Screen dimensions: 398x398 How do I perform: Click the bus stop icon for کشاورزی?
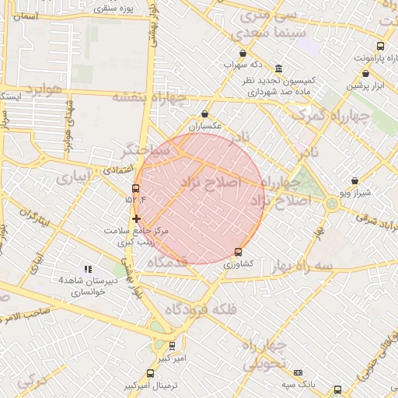point(238,252)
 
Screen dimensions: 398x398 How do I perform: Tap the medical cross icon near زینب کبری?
point(137,218)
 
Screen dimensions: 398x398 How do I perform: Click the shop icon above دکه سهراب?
point(243,54)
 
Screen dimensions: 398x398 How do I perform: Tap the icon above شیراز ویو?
point(354,180)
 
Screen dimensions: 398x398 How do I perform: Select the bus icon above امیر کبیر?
point(172,346)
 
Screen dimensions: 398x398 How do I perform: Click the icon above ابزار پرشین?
point(365,74)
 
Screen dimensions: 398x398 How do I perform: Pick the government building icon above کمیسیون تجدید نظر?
point(278,68)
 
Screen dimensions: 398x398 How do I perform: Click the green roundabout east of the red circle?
point(333,204)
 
